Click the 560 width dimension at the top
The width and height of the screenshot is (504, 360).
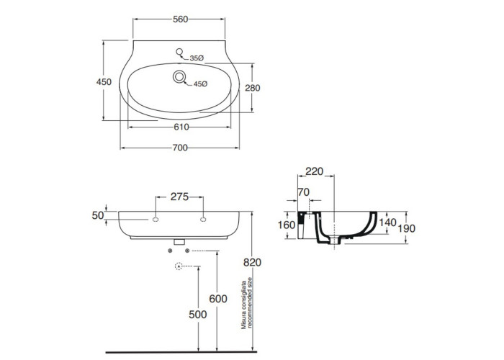pos(180,19)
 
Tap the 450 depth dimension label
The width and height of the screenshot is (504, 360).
pos(103,82)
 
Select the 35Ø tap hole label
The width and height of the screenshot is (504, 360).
pos(197,58)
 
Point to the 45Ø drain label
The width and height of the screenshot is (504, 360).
pos(199,84)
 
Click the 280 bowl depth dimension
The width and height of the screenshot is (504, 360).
pos(262,88)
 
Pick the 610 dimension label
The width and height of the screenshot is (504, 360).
pos(180,127)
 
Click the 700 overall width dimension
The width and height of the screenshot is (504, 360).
pos(180,148)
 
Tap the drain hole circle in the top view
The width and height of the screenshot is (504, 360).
pos(179,78)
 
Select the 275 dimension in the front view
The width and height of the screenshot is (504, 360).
pos(179,196)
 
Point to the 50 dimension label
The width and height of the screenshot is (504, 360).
pos(99,215)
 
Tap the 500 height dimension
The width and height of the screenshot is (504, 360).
pos(197,315)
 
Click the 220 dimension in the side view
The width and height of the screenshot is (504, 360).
pos(314,172)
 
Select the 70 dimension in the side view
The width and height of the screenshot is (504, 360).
pos(303,192)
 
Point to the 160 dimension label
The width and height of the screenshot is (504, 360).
pos(287,225)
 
